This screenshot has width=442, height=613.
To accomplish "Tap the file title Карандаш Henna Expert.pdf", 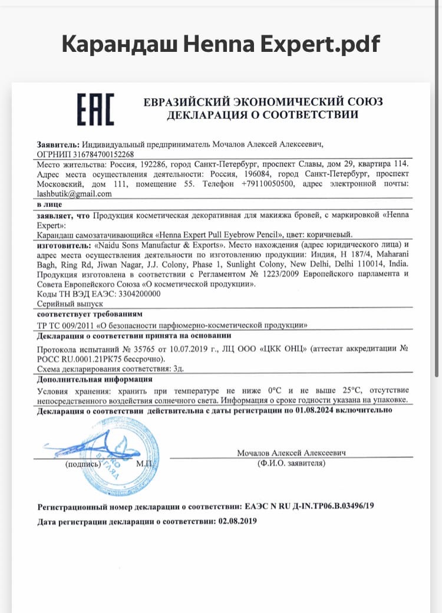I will click(x=221, y=44).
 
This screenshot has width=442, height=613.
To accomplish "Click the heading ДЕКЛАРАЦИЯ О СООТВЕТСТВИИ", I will click(x=262, y=114).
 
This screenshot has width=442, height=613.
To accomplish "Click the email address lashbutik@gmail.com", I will click(x=74, y=194).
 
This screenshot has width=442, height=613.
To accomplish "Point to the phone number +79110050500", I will click(x=268, y=184).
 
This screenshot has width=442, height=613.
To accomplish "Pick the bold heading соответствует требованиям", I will click(x=89, y=314).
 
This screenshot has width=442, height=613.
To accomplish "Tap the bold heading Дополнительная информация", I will click(x=94, y=379).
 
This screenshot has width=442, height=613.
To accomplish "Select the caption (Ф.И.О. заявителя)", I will click(x=291, y=464).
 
